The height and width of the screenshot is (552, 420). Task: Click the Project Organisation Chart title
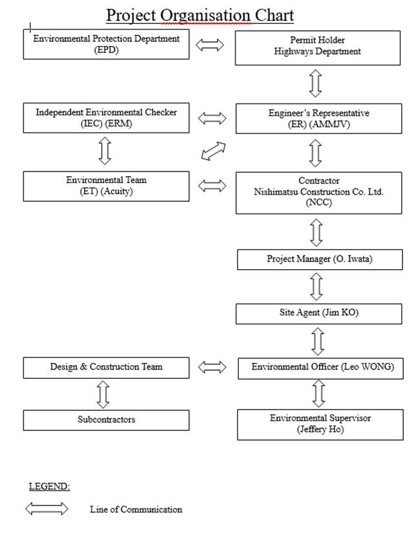(x=200, y=16)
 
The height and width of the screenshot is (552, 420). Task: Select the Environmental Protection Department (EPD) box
(x=106, y=44)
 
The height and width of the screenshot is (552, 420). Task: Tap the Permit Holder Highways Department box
(x=318, y=48)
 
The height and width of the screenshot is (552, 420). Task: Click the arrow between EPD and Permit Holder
(x=210, y=45)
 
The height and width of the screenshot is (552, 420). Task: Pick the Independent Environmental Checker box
(x=106, y=118)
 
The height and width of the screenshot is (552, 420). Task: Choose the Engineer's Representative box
(x=318, y=118)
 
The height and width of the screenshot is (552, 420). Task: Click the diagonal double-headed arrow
(x=214, y=151)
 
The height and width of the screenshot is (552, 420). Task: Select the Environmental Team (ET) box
(x=106, y=186)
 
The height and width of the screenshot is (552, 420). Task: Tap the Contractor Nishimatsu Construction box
(x=318, y=193)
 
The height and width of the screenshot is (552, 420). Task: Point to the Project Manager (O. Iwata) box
(x=320, y=259)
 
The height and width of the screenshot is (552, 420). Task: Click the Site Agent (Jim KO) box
(x=318, y=314)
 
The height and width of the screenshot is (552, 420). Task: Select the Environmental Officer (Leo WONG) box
(x=320, y=369)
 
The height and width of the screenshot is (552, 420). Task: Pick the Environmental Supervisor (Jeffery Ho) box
(x=320, y=425)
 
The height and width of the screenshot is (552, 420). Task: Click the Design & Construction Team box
(x=106, y=368)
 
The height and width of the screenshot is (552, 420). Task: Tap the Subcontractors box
(x=106, y=420)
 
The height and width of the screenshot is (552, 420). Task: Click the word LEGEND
(x=49, y=487)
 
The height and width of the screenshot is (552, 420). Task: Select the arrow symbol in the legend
(x=47, y=509)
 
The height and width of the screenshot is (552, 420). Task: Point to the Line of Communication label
(x=136, y=509)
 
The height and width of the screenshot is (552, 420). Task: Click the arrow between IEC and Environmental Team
(x=105, y=151)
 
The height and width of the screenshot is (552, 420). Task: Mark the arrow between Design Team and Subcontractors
(x=103, y=394)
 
